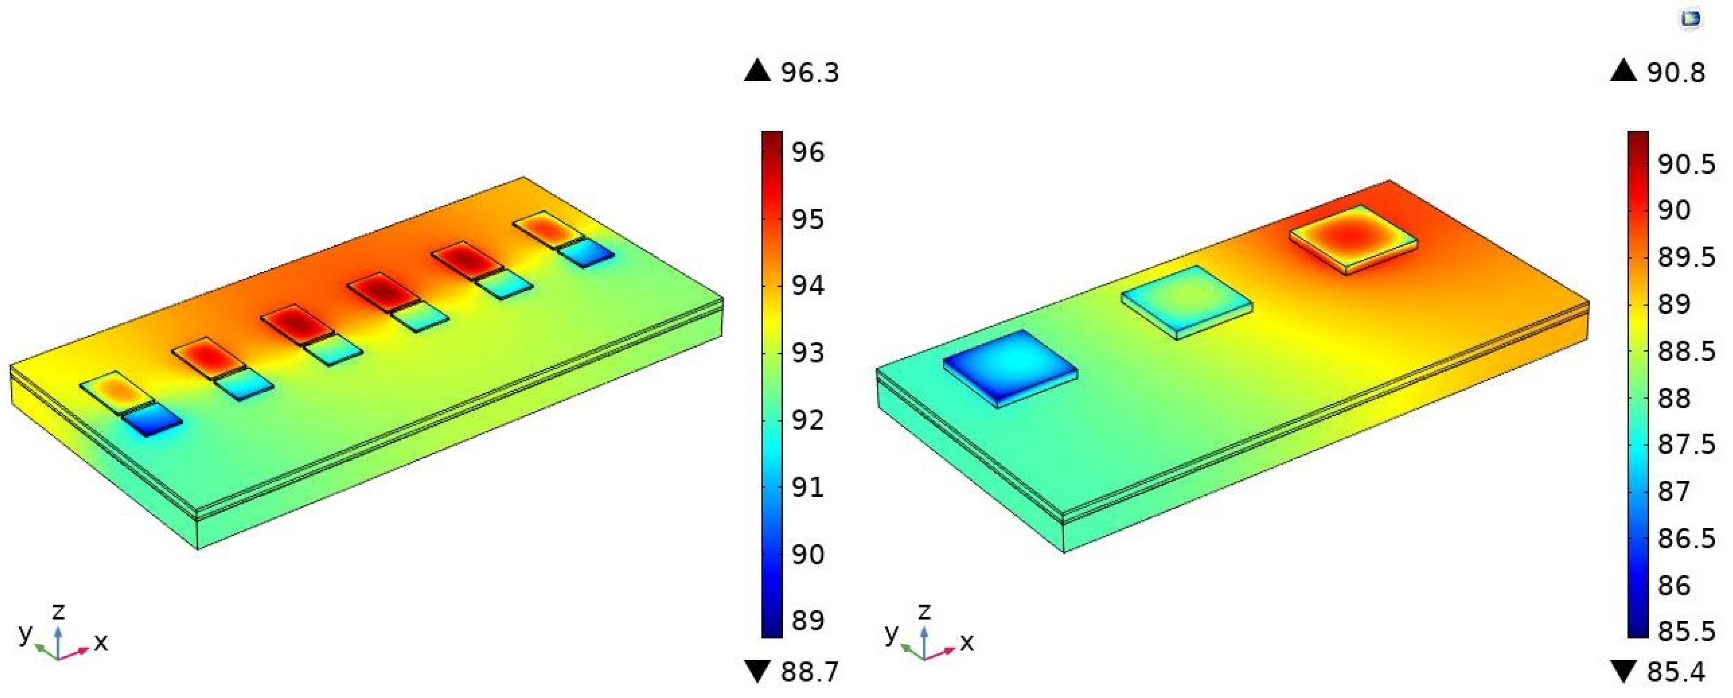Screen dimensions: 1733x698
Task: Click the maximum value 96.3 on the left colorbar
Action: coord(810,72)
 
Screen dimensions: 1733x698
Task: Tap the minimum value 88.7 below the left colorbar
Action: coord(810,672)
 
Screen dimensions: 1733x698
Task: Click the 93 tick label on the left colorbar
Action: coord(807,353)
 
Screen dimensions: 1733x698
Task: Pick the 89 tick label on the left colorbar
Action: coord(807,620)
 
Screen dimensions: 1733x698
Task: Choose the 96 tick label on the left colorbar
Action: coord(807,152)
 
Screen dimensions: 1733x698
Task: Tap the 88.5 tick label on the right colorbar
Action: coord(1686,351)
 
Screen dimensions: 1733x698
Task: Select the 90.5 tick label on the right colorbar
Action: coord(1686,164)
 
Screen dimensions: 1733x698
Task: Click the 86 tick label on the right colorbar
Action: coord(1674,585)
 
